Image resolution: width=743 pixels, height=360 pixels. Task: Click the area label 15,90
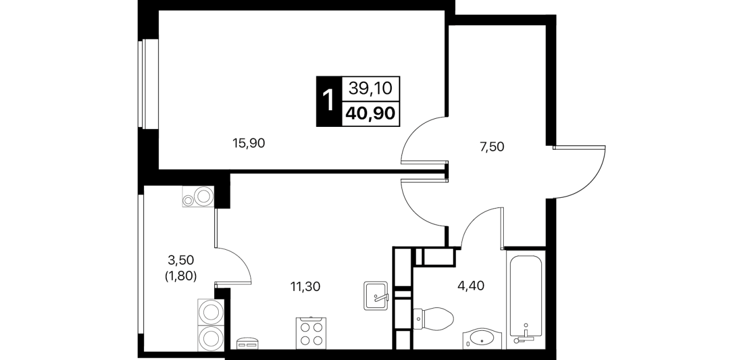pos(249,143)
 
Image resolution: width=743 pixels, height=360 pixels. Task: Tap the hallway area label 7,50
pos(492,147)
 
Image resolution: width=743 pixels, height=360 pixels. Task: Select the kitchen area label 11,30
pos(305,287)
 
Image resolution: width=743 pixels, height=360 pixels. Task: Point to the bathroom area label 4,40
pos(471,286)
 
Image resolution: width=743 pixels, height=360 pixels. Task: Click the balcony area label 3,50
pos(181,261)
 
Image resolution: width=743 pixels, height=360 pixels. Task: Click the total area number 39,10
pos(371,89)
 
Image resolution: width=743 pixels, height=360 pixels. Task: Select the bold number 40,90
pos(371,114)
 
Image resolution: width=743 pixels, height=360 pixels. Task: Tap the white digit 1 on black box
pos(328,101)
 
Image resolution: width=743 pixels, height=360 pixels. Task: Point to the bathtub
pos(526,300)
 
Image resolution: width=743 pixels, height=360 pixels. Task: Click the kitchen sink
pos(376,296)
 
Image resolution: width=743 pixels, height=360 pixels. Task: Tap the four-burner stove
pos(311,333)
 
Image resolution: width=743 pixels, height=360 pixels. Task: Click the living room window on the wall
pos(144,84)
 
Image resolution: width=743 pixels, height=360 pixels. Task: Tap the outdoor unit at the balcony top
pos(198,197)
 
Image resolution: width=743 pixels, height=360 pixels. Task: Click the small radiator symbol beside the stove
pos(248,343)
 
